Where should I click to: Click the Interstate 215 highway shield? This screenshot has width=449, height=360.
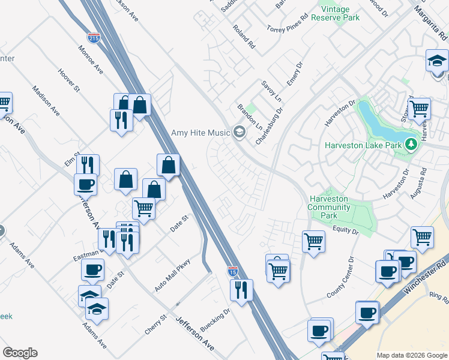pos(94,38)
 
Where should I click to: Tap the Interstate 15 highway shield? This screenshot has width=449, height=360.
pos(233,272)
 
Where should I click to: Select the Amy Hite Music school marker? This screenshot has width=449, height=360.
pos(240,133)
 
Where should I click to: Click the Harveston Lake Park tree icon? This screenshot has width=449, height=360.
pos(411,145)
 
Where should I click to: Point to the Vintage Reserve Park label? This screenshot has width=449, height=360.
pos(340,13)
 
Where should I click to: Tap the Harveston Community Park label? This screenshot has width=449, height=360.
pos(329,207)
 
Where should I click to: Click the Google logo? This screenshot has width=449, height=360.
pos(20,353)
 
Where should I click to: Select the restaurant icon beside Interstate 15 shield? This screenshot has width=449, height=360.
pos(241,290)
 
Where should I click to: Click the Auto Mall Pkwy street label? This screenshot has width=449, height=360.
pos(172,275)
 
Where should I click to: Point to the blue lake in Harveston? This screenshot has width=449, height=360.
pos(375,120)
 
